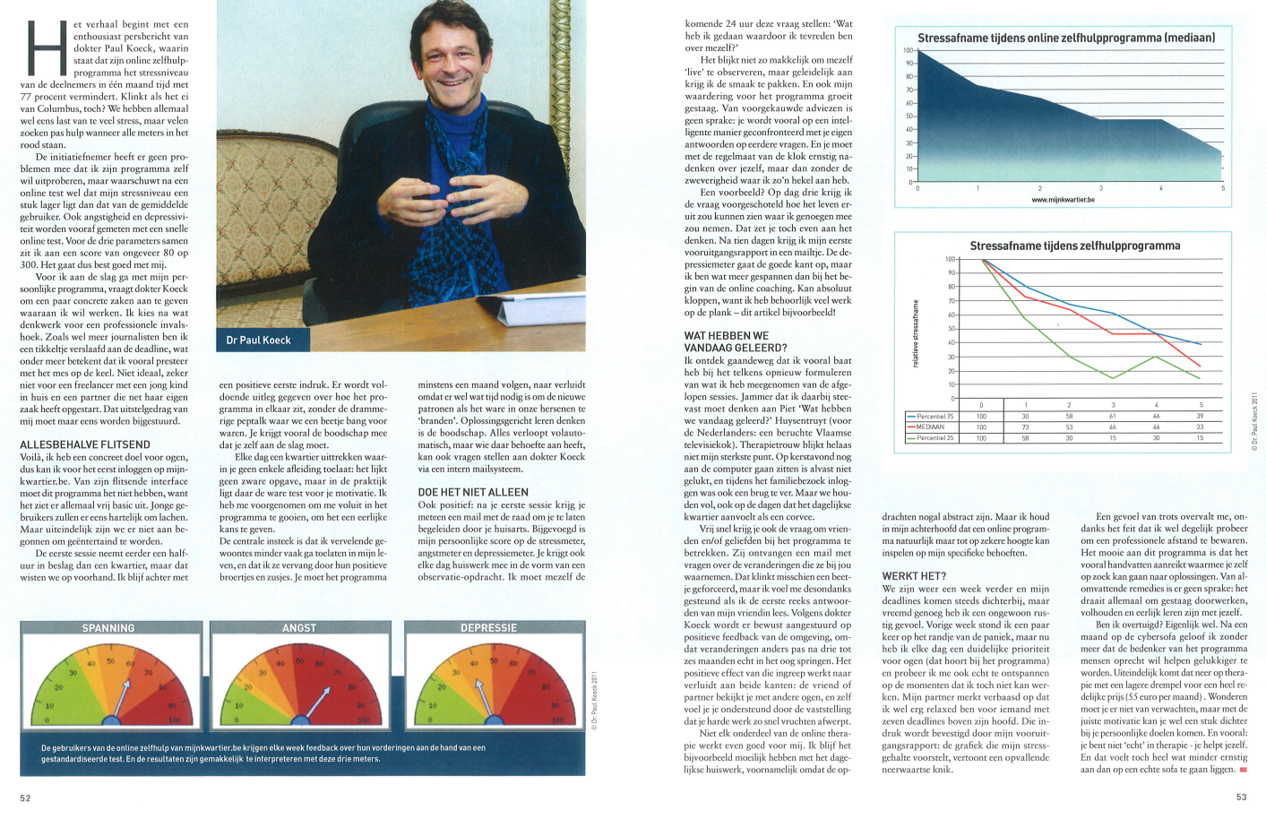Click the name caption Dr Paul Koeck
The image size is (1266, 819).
pos(259,340)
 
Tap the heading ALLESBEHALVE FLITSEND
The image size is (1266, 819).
pos(85,444)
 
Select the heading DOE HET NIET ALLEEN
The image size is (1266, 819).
pos(473,492)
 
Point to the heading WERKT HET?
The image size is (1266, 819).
pos(914,576)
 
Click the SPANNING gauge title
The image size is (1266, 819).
pos(108,628)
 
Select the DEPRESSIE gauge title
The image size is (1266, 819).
pos(488,628)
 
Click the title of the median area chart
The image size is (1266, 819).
pos(1066,39)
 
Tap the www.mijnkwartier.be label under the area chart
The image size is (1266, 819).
pos(1063,200)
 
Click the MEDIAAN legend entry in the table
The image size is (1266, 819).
pos(931,427)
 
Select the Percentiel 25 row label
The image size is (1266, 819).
pos(934,438)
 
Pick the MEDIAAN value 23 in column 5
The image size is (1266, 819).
pos(1200,427)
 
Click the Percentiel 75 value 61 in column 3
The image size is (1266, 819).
pos(1113,417)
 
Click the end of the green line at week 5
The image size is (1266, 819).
pos(1200,378)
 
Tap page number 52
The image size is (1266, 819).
pos(25,797)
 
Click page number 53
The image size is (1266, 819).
pos(1241,797)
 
